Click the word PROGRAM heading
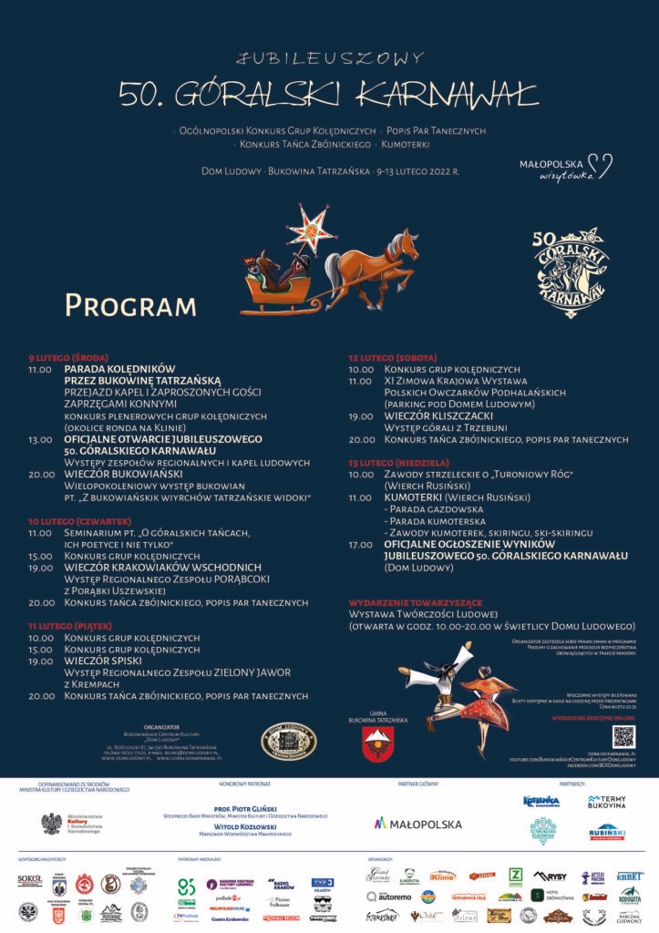coord(130,305)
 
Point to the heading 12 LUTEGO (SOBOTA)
coord(392,357)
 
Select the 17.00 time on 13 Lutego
coord(360,544)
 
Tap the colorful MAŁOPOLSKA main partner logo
coord(418,824)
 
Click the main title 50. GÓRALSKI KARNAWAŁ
coord(329,93)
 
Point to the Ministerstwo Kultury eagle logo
coord(52,824)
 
